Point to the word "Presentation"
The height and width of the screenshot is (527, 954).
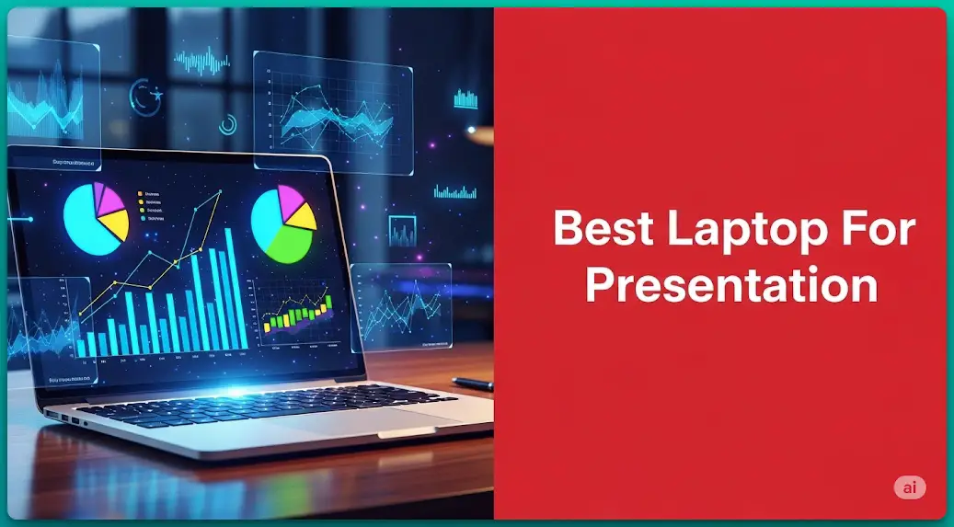click(x=731, y=285)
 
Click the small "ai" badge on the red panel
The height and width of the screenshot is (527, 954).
click(x=910, y=488)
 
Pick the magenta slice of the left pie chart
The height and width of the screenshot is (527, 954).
click(x=110, y=197)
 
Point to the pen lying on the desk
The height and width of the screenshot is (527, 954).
click(x=472, y=383)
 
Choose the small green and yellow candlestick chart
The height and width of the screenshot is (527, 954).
click(x=296, y=313)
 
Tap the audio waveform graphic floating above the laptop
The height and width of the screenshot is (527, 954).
click(x=202, y=62)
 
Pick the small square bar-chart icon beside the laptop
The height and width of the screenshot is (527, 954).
click(x=402, y=229)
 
